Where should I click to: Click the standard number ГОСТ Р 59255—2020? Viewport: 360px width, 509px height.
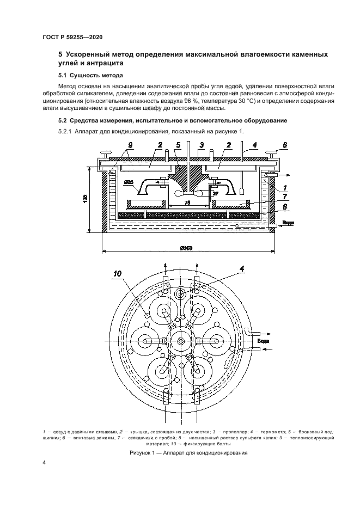click(x=72, y=37)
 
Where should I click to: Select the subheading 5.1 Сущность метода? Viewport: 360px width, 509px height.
click(x=90, y=75)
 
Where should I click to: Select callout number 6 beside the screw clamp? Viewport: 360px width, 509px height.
click(x=283, y=146)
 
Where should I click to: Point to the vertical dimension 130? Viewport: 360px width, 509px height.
click(x=87, y=200)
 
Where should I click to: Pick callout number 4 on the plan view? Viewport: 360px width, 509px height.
click(x=242, y=268)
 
